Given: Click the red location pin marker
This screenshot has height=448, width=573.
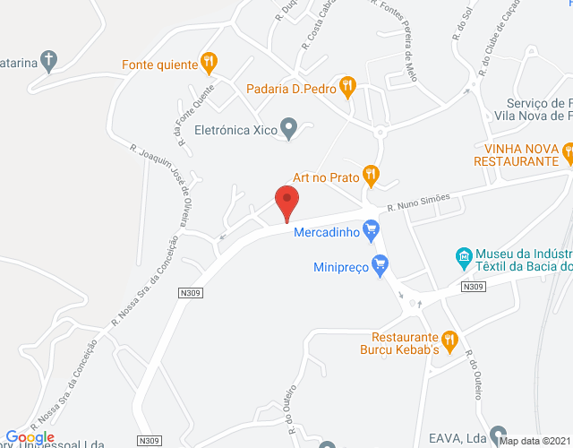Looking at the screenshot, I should click(x=286, y=201).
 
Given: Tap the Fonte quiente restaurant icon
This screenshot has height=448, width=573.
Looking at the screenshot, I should click(x=209, y=63).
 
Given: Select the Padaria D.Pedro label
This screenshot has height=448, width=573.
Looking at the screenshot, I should click(x=291, y=89).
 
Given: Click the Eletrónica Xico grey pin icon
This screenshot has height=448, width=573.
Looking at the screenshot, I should click(x=288, y=128).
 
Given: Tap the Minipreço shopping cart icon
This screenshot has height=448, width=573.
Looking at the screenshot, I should click(x=381, y=264).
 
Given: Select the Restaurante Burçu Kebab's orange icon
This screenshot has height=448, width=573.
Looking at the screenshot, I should click(x=449, y=340).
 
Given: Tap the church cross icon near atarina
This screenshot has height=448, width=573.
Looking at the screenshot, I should click(x=49, y=62).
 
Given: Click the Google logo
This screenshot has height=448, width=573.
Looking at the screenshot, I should click(x=30, y=437).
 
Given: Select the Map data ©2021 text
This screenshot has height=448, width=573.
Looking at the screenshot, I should click(x=535, y=441).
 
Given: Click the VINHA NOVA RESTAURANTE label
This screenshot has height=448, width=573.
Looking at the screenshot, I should click(x=522, y=154).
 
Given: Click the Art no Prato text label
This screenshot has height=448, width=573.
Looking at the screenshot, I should click(x=326, y=177).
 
